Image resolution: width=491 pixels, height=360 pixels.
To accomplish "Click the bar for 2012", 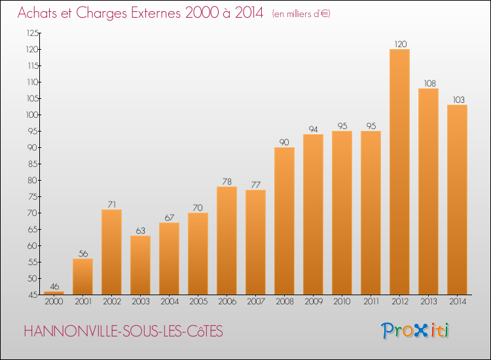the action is pos(399,172).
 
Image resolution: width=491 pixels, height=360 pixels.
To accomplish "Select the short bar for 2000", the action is pos(54,293).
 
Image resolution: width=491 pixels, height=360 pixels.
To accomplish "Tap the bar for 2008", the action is pos(284,221).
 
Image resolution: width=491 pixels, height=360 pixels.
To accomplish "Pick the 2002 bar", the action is pos(111,252).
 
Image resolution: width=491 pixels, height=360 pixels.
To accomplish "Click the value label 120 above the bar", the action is pos(401,44).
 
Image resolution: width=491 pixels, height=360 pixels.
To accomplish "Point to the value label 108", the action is pos(430,84).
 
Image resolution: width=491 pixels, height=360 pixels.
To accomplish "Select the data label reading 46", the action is pos(54,287).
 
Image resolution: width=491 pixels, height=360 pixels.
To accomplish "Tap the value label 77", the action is pos(256,185).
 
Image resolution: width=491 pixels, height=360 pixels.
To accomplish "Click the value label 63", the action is pos(141,230).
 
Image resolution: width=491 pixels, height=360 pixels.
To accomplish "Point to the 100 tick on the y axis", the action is pos(32,115).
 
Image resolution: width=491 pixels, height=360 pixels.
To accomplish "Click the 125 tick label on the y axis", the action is pos(32,33).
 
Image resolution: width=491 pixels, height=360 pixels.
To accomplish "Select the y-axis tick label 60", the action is pos(33,245).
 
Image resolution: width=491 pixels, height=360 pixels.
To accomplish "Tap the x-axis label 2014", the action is pos(458,302).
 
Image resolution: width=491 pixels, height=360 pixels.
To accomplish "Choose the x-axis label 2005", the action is pos(198,302).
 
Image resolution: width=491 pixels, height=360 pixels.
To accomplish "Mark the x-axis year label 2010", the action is pos(342,302).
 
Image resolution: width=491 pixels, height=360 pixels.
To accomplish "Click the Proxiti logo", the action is pos(415,331).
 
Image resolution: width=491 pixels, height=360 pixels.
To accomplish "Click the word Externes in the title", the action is pos(156,13).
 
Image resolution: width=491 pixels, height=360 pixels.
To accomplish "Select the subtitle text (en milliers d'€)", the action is pos(301,14).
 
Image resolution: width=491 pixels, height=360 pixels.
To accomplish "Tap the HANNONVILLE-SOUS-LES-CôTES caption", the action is pos(123,331).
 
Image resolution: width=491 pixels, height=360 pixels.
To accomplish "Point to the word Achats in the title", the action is pos(37,13).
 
